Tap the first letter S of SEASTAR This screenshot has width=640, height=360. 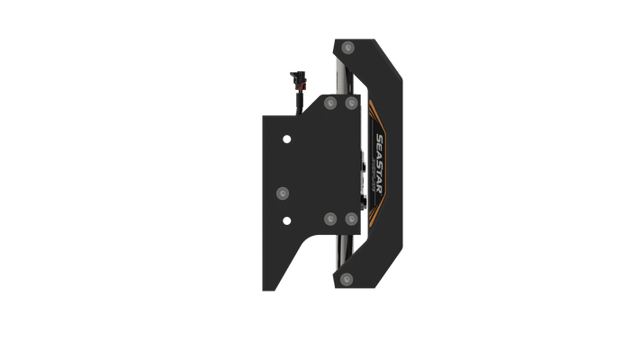pyautogui.click(x=378, y=140)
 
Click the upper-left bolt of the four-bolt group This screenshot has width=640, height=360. pyautogui.click(x=329, y=105)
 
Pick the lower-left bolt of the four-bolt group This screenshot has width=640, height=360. pyautogui.click(x=329, y=218)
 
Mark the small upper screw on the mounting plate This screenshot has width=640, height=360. pyautogui.click(x=286, y=139)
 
